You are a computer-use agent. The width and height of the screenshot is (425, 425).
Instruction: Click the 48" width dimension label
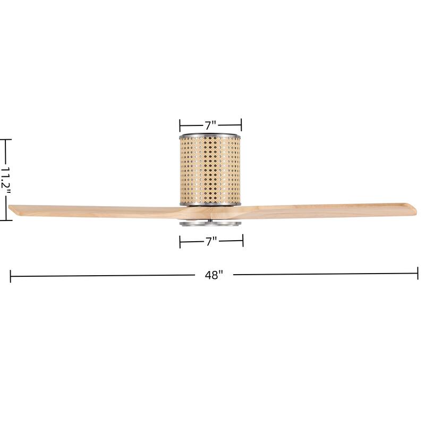tap(213, 275)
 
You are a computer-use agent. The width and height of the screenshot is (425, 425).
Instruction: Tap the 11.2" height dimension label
tap(5, 181)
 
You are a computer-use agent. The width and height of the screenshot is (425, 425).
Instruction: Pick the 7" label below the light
tap(211, 242)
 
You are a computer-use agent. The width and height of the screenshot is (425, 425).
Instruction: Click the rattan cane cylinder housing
tap(210, 169)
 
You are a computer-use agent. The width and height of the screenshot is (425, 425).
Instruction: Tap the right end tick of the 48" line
tap(418, 274)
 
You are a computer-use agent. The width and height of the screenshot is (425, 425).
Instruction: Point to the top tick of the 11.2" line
tap(5, 140)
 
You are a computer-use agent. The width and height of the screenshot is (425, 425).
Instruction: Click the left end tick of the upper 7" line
tap(180, 125)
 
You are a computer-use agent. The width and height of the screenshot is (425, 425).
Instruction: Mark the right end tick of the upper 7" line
tap(242, 125)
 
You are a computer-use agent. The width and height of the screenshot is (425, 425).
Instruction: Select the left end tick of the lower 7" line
tap(180, 243)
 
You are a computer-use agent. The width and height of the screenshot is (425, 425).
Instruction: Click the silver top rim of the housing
tap(210, 134)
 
